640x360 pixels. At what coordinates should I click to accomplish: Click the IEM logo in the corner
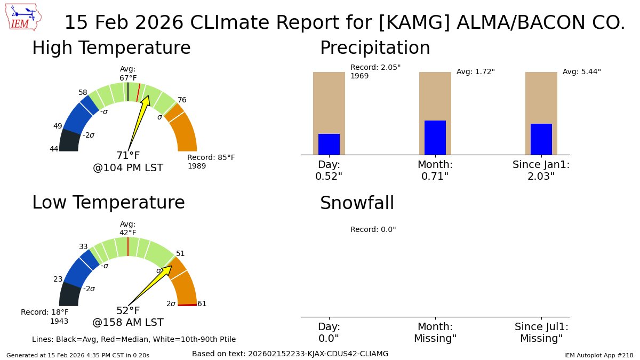point(24,18)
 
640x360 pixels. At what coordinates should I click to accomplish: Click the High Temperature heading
point(111,48)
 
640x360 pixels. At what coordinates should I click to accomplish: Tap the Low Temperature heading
point(108,203)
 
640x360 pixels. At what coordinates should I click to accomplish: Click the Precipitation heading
point(374,48)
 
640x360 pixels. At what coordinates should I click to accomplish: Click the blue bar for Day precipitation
point(329,144)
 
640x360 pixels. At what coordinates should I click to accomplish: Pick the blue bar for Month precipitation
point(435,138)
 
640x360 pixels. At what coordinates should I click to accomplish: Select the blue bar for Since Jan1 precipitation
point(541,139)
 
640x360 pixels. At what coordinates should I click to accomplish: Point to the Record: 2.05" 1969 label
point(375,71)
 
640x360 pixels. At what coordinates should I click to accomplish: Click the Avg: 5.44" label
point(581,71)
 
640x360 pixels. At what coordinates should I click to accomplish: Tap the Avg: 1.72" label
point(475,71)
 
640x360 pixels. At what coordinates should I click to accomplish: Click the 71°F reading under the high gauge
point(128,156)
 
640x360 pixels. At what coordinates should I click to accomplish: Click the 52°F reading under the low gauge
point(128,311)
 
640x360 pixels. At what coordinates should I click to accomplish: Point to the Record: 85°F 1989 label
point(211,162)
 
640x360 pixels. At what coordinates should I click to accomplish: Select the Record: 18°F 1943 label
point(45,316)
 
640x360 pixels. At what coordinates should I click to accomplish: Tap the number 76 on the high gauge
point(182,100)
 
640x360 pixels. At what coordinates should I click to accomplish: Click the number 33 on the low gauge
point(83,246)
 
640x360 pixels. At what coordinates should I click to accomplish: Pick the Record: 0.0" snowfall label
point(373,229)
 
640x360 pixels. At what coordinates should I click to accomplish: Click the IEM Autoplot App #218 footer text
point(598,355)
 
